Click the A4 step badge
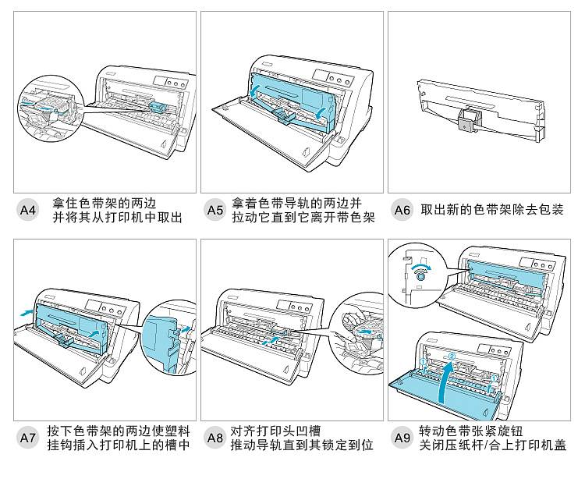[27, 210]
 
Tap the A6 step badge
[402, 210]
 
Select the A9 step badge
[402, 438]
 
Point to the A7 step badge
[27, 438]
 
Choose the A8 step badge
[214, 438]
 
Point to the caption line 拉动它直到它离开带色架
[303, 218]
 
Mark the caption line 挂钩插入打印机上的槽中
[118, 445]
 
